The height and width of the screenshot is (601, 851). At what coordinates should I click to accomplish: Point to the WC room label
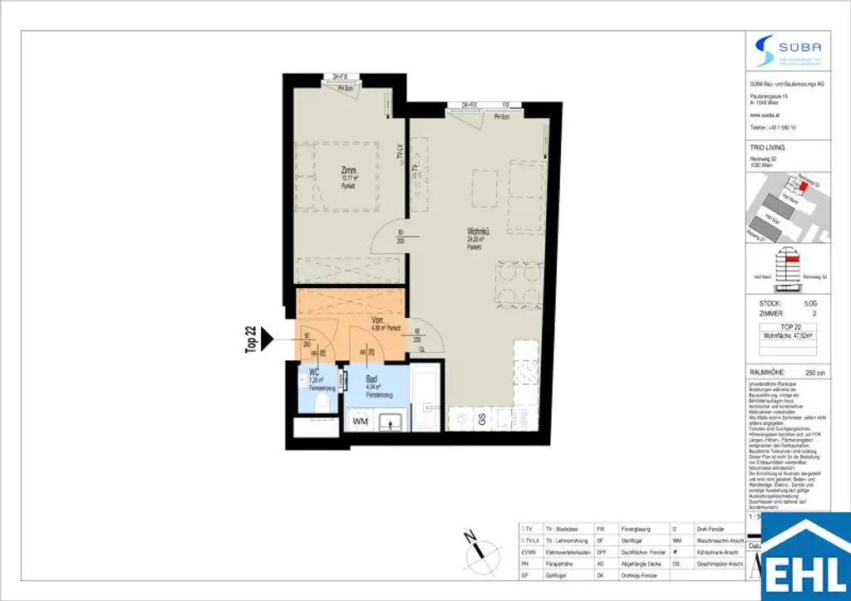tap(313, 372)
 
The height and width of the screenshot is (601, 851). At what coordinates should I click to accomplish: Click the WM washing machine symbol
tap(360, 423)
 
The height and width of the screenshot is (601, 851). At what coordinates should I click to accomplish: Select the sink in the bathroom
tap(389, 422)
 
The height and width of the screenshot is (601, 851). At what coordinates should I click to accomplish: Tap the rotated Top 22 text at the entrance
tap(250, 340)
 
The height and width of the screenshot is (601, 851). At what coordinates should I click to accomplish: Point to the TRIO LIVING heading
tap(767, 147)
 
